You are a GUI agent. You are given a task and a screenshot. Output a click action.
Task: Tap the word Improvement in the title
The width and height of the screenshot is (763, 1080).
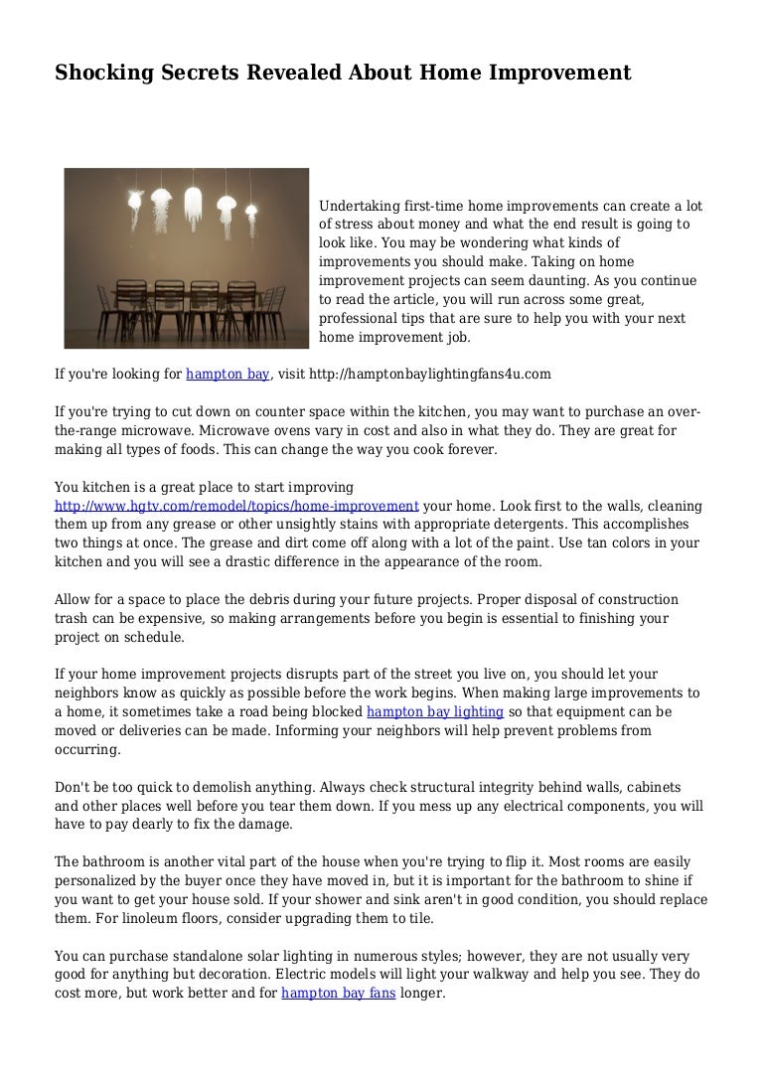(565, 74)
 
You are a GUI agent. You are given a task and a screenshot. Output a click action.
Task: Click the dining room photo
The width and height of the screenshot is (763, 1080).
(187, 258)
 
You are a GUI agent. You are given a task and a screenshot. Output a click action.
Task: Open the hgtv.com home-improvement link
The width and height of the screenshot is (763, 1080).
(236, 506)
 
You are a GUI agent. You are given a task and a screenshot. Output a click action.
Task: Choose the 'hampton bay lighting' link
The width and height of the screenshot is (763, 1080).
(435, 712)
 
